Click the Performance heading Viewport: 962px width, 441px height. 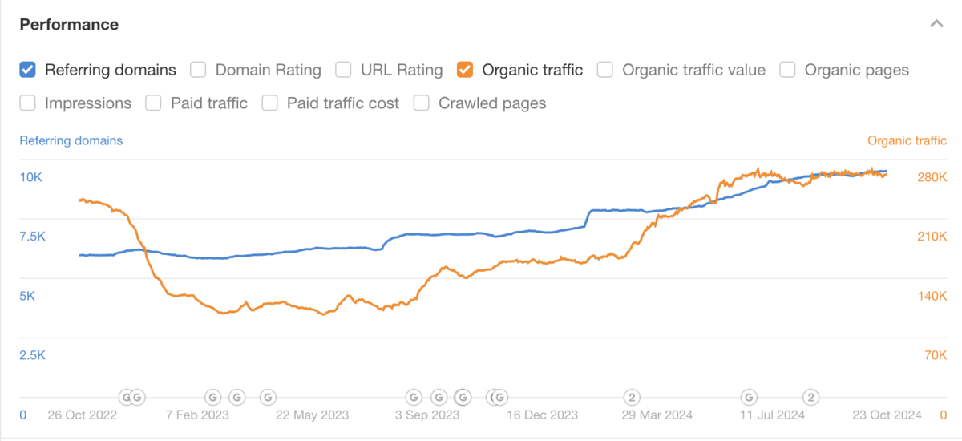tap(69, 25)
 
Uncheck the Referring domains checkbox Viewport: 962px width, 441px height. tap(28, 70)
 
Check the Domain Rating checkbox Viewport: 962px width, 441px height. tap(198, 70)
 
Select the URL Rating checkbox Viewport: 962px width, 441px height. tap(343, 70)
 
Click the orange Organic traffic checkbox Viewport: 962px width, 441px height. tap(465, 70)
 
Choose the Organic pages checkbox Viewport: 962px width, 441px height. tap(788, 70)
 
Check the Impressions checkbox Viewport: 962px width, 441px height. tap(28, 103)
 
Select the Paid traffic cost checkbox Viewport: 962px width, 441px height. tap(270, 103)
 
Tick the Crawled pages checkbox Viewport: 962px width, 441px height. tap(422, 103)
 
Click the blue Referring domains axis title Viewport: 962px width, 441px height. tap(71, 140)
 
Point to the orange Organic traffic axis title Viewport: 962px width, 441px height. tap(907, 140)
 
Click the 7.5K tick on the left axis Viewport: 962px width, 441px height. tap(32, 237)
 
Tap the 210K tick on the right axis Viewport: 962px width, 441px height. tap(932, 237)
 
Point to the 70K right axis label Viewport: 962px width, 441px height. tap(935, 355)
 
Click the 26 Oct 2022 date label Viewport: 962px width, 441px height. tap(82, 415)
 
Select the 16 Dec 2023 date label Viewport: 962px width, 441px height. tap(543, 415)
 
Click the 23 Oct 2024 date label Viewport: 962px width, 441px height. tap(887, 415)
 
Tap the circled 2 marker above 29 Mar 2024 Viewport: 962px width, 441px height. tap(632, 396)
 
